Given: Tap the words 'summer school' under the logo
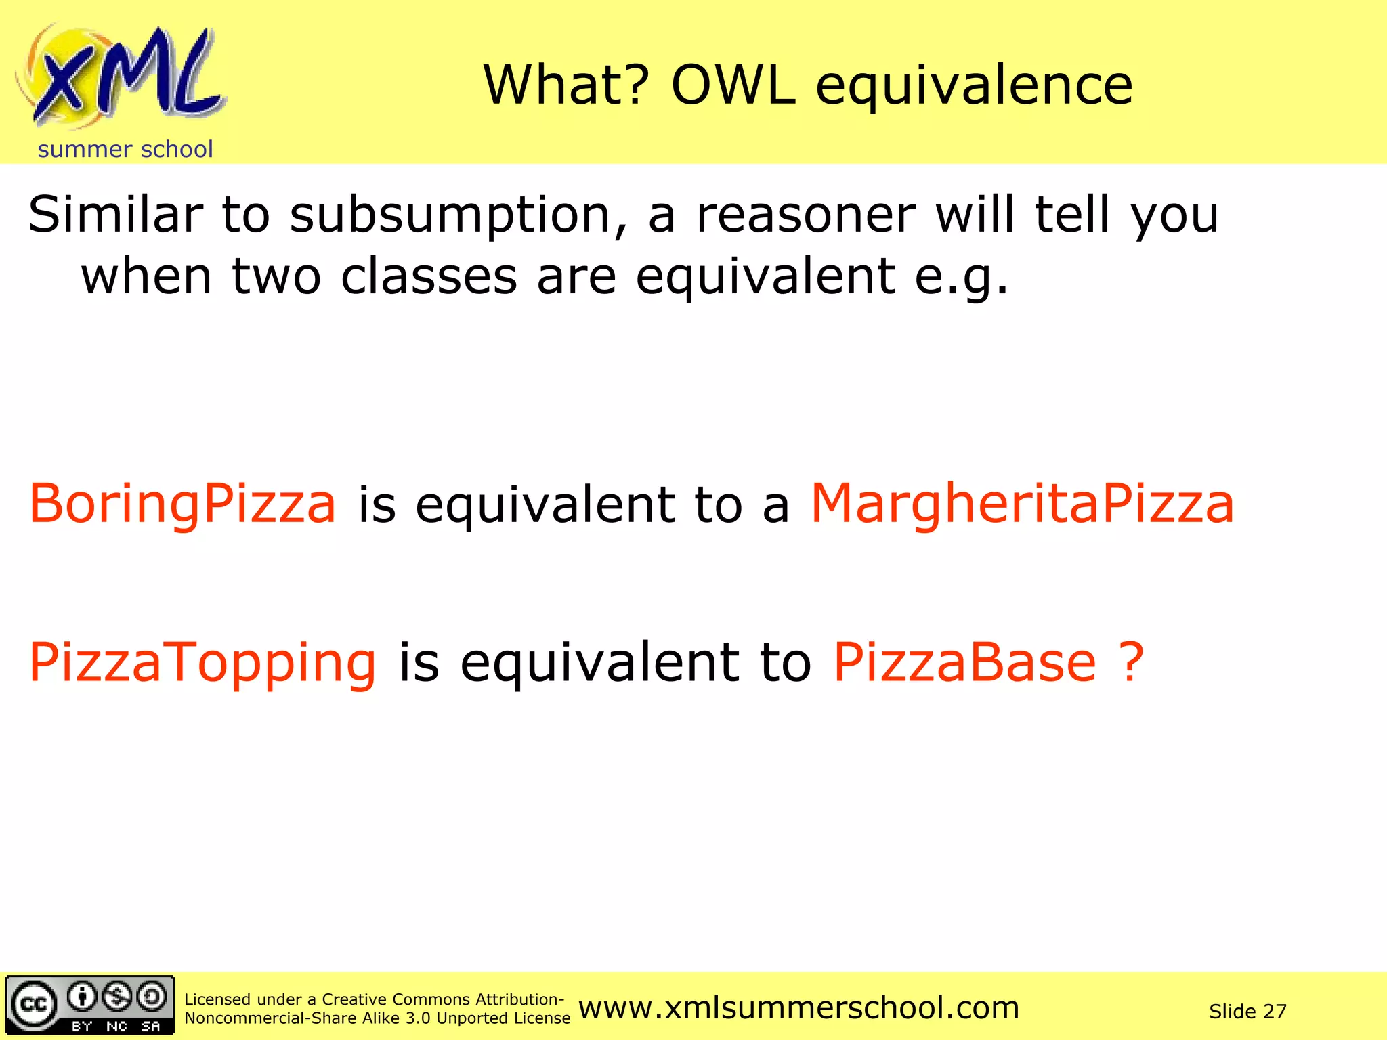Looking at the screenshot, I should pos(125,150).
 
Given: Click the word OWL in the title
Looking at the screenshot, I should pos(733,86).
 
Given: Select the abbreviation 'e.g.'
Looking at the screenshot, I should pos(962,278).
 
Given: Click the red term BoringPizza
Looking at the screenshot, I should pos(182,504).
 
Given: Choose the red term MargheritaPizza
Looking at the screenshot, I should pos(1022,504).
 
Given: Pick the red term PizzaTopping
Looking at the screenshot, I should pos(202,663).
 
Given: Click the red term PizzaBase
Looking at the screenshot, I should pos(964,663).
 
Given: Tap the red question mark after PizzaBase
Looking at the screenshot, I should pos(1130,663).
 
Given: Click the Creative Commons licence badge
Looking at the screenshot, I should pos(90,1005).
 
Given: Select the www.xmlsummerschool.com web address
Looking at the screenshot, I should pos(799,1008).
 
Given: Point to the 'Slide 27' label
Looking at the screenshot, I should pos(1247,1012).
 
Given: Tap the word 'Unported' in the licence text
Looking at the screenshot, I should pos(469,1018).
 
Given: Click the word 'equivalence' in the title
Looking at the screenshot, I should pos(974,86).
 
